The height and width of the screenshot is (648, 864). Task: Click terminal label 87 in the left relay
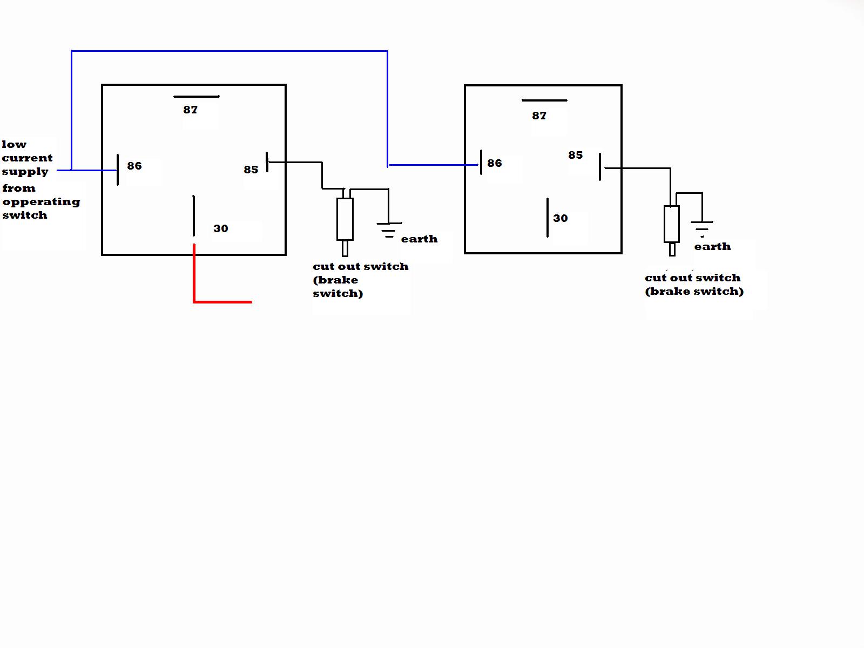coord(190,110)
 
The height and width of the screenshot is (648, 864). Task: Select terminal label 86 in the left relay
coord(134,166)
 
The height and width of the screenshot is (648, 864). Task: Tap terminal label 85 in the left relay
coord(251,170)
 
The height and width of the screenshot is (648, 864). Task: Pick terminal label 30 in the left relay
coord(220,228)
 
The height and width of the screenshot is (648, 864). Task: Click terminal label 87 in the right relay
coord(539,116)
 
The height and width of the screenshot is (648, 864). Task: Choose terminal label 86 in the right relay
coord(495,163)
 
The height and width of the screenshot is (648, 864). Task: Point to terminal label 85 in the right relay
coord(575,155)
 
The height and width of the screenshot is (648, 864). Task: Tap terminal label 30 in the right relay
coord(560,218)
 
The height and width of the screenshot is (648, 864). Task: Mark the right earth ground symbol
coord(702,229)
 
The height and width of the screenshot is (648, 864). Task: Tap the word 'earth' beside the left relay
coord(419,239)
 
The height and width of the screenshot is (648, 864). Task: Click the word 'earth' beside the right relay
coord(712,246)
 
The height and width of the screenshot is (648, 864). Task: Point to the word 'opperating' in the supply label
coord(42,202)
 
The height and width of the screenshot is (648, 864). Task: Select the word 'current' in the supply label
coord(27,158)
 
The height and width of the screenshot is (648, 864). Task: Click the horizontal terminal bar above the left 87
coord(197,97)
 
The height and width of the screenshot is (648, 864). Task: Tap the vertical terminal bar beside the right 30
coord(547,218)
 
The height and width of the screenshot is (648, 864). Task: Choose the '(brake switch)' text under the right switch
coord(694,291)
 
